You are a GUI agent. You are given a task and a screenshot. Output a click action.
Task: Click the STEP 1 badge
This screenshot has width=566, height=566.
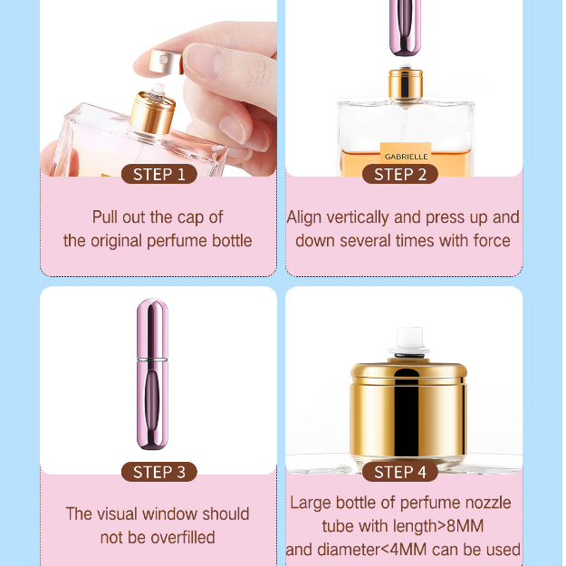[x=159, y=175]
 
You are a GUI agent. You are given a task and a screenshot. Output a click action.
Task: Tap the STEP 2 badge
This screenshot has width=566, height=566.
[x=400, y=175]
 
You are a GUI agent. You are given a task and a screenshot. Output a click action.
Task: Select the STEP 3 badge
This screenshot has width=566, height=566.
[x=159, y=472]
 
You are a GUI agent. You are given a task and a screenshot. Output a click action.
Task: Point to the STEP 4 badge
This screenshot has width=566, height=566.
[x=400, y=472]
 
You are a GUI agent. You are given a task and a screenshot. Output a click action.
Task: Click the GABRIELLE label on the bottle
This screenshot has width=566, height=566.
[x=406, y=157]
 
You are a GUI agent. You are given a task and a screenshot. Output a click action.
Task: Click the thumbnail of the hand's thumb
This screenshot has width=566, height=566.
[x=204, y=61]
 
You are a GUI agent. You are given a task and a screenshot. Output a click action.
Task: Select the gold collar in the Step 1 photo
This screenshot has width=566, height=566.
[x=152, y=114]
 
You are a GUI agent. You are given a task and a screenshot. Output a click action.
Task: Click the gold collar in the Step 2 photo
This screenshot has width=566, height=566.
[x=406, y=86]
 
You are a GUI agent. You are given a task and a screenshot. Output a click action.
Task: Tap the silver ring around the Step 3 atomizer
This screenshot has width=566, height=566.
[x=152, y=360]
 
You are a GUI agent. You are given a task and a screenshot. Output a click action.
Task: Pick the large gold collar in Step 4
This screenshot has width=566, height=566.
[x=408, y=411]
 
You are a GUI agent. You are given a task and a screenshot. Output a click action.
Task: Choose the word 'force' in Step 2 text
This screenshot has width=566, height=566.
[x=492, y=241]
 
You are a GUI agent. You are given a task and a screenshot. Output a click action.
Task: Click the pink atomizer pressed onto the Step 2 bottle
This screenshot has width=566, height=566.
[x=406, y=28]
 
